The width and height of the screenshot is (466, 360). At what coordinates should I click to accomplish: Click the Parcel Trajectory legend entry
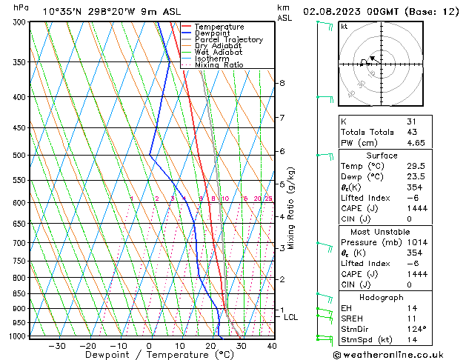tap(228, 39)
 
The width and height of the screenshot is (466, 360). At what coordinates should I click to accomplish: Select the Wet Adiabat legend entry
tap(219, 52)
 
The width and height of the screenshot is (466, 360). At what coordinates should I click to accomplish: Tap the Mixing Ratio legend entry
tap(219, 64)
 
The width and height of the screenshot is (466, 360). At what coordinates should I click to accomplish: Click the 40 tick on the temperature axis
tap(272, 346)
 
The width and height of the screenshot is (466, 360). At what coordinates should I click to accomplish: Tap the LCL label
tap(291, 317)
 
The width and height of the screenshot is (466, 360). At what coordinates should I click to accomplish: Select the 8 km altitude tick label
tap(282, 83)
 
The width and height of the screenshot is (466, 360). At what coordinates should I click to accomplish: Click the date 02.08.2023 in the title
tap(333, 11)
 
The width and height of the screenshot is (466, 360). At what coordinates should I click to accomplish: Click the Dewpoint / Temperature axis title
tap(150, 356)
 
